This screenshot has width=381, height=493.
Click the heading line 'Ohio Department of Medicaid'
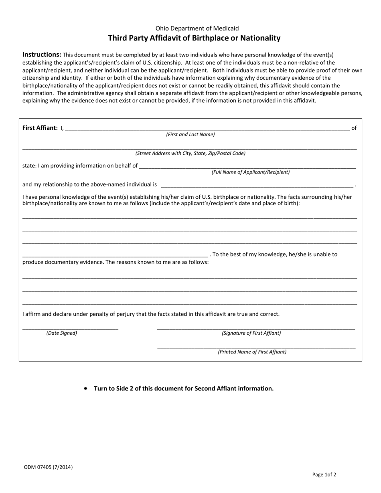coord(197,28)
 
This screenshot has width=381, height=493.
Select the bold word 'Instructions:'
coord(42,55)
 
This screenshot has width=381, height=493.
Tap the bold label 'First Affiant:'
coord(40,128)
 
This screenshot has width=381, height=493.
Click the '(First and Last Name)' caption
coord(190,135)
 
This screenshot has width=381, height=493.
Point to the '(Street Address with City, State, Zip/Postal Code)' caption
coord(190,153)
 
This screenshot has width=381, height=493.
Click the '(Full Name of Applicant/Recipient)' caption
coord(251,172)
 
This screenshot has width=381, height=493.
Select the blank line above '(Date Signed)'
coord(70,329)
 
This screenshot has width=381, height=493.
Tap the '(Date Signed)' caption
coord(62,333)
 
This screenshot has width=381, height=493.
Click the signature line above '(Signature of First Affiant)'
coord(256,329)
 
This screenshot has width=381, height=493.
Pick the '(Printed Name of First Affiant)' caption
coord(252,352)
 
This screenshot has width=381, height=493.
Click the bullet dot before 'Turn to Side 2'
coord(85,388)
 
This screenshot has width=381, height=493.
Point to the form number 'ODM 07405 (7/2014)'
coord(49,467)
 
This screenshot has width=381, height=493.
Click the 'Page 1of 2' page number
coord(324,475)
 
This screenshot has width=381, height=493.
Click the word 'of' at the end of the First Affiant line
coord(354,128)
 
